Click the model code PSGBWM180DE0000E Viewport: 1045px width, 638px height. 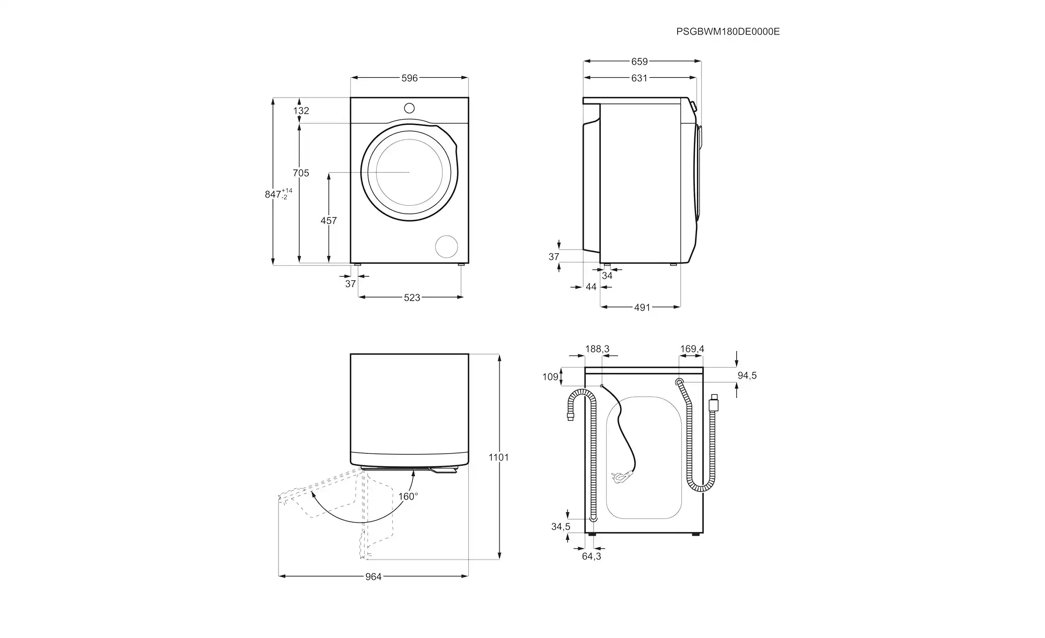tap(728, 31)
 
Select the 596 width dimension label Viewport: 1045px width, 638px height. tap(410, 78)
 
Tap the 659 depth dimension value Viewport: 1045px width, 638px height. tap(640, 62)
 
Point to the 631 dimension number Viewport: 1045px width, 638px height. tap(639, 78)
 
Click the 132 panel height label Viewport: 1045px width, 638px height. tap(301, 111)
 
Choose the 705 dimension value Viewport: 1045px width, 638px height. tap(301, 173)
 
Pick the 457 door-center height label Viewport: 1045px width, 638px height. tap(329, 221)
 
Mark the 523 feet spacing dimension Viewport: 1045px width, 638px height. tap(412, 298)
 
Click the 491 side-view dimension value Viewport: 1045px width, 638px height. tap(642, 308)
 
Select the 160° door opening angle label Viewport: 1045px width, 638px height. tap(408, 496)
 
